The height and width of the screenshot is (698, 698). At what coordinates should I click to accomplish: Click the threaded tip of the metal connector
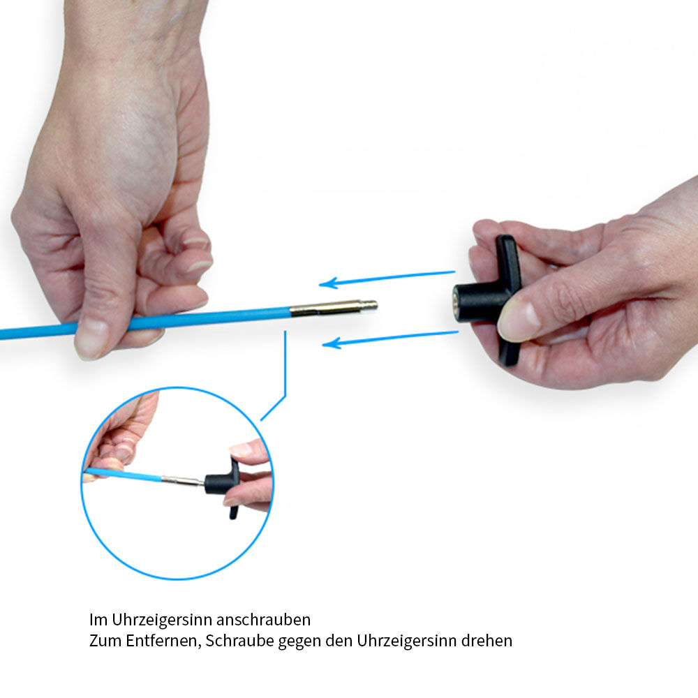point(369,306)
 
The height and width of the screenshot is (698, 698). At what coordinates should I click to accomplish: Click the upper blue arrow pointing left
point(387,279)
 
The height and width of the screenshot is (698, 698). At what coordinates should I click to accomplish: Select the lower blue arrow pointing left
point(390,340)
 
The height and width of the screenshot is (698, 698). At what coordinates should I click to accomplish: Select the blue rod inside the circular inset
point(123,475)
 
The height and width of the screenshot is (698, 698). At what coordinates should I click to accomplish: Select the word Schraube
point(239,641)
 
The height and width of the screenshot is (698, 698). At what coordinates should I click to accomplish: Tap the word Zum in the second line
point(105,641)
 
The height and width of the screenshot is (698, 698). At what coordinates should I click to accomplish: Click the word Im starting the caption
point(98,620)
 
